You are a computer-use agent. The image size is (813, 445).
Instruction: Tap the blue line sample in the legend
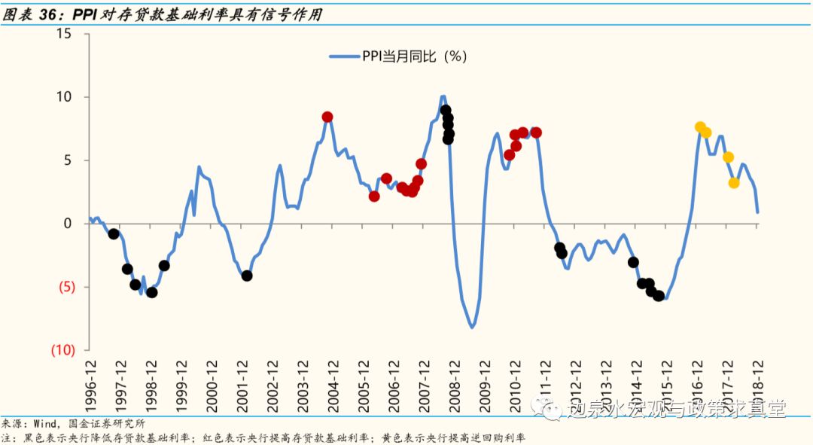pos(344,56)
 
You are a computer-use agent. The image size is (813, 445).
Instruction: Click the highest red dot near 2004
pos(327,117)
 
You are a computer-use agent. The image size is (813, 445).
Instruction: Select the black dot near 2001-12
pos(247,276)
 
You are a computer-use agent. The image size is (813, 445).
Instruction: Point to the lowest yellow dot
pos(734,183)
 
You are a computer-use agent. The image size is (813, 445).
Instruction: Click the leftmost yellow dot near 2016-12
pos(700,127)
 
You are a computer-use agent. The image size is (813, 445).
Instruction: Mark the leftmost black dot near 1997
pos(114,234)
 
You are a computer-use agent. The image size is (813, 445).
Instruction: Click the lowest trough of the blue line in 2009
pos(473,328)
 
